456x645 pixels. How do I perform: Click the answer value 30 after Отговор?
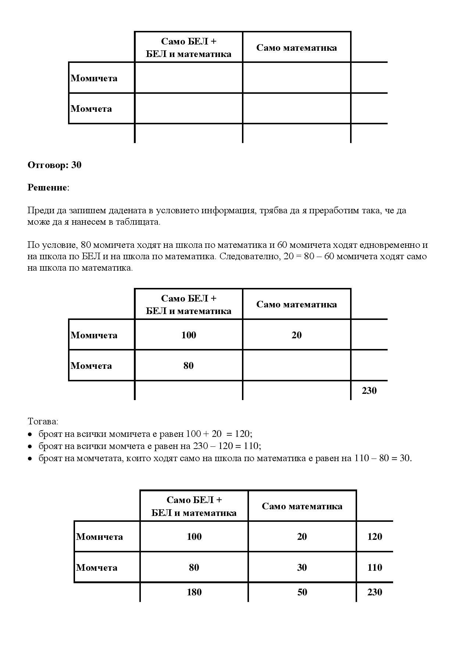[x=76, y=165]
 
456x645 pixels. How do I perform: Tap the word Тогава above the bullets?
[x=43, y=421]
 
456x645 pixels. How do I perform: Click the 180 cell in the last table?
[x=194, y=592]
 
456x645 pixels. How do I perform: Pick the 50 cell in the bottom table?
[x=302, y=592]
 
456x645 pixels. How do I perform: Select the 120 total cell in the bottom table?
[x=374, y=537]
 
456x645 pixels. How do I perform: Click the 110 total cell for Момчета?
[x=374, y=567]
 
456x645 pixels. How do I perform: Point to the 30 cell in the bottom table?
[x=302, y=567]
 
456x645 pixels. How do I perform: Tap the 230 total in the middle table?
[x=369, y=391]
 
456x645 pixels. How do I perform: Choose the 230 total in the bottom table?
[x=374, y=592]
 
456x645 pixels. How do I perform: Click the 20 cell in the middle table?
[x=296, y=335]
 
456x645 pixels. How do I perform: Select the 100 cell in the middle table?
[x=189, y=335]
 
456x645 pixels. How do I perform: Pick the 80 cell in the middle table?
[x=188, y=366]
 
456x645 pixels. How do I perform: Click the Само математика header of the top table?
[x=296, y=48]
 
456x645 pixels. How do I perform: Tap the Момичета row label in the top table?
[x=94, y=78]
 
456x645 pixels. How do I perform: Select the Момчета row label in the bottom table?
[x=97, y=567]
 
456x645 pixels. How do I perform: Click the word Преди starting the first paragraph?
[x=39, y=211]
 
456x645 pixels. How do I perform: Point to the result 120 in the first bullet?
[x=242, y=434]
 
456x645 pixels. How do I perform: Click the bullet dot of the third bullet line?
[x=30, y=459]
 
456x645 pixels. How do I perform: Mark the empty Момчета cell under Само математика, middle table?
[x=296, y=365]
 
